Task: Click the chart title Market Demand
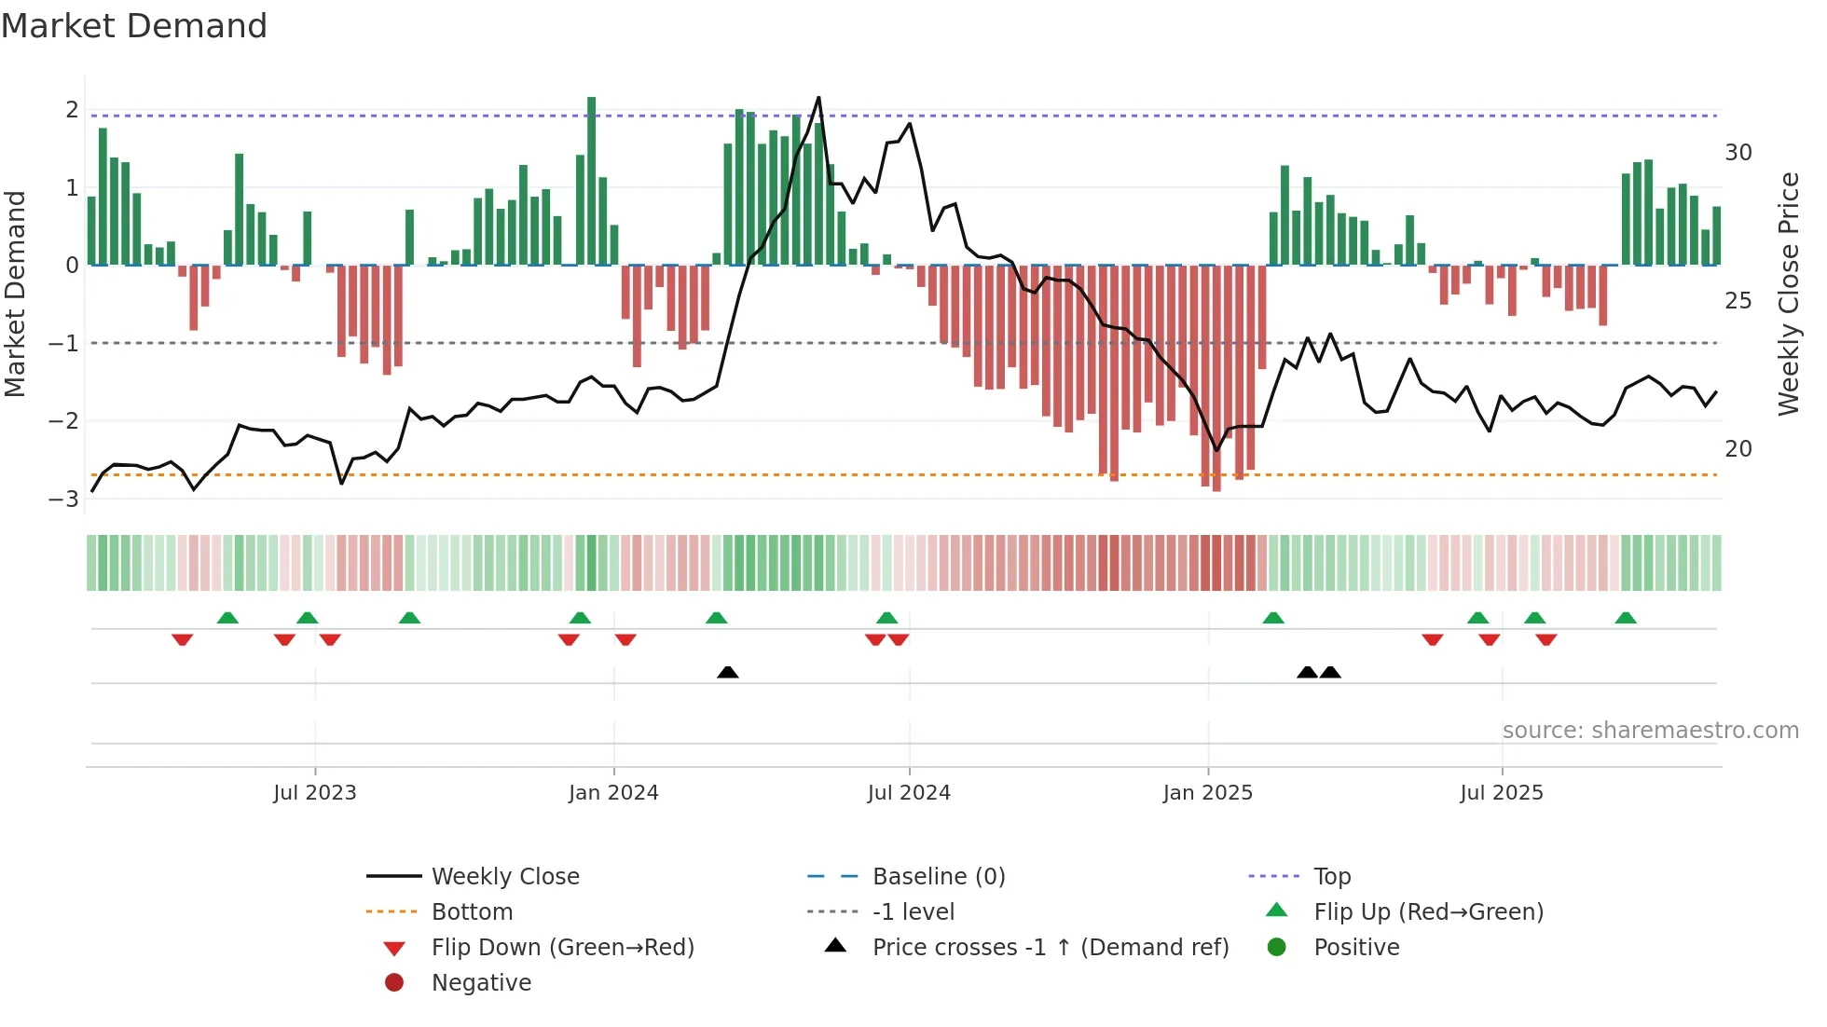click(x=134, y=26)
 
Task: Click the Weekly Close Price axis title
click(x=1788, y=294)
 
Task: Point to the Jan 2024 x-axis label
click(x=613, y=793)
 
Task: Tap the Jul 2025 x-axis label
click(x=1502, y=793)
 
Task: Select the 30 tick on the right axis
click(x=1738, y=153)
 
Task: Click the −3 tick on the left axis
click(x=63, y=499)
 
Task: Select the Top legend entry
click(x=1331, y=877)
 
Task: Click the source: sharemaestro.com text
click(x=1650, y=731)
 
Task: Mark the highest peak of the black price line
click(x=818, y=98)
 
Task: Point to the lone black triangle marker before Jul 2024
click(x=728, y=672)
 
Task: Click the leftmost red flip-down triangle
click(x=183, y=639)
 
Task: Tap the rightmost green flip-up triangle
click(x=1626, y=618)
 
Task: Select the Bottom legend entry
click(x=472, y=912)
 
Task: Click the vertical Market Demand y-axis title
click(x=15, y=294)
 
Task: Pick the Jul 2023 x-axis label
click(x=315, y=793)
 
